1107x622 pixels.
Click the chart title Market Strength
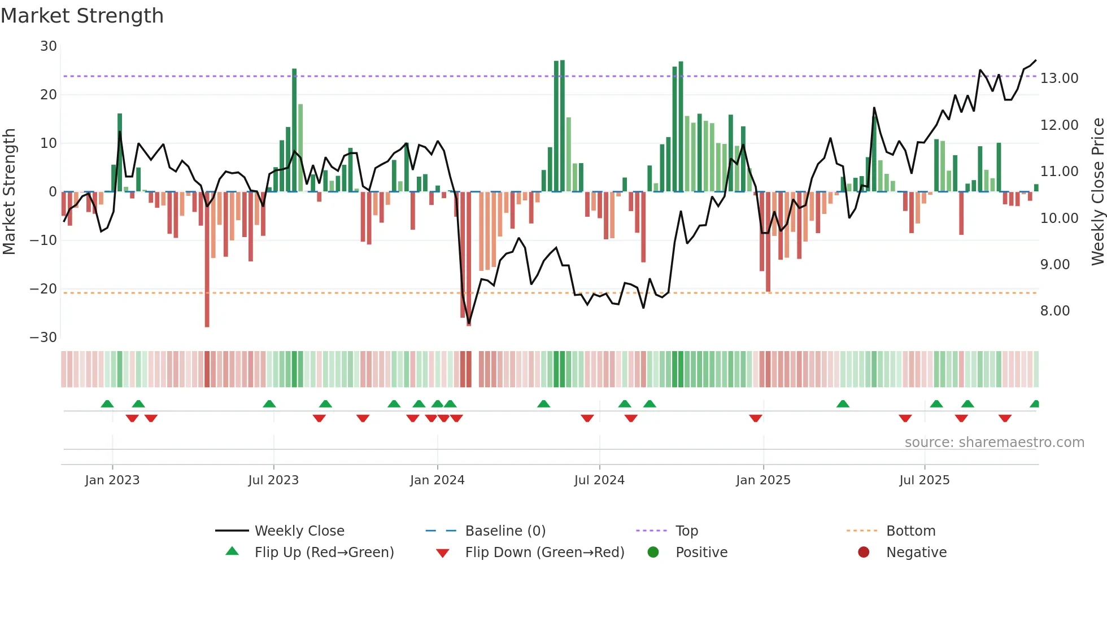coord(82,16)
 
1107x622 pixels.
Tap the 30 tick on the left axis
coord(49,46)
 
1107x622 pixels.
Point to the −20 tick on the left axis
coord(43,289)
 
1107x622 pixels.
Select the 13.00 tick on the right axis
coord(1059,78)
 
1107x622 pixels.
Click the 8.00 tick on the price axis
coord(1054,311)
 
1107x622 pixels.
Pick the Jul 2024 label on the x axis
coord(599,480)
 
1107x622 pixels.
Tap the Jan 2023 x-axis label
coord(112,480)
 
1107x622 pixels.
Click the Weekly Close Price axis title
coord(1097,192)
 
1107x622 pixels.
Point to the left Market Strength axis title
coord(9,192)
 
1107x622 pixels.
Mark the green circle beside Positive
coord(653,553)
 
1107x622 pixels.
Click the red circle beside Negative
coord(864,553)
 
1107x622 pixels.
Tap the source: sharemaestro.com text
coord(994,443)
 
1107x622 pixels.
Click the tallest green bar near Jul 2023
coord(294,130)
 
